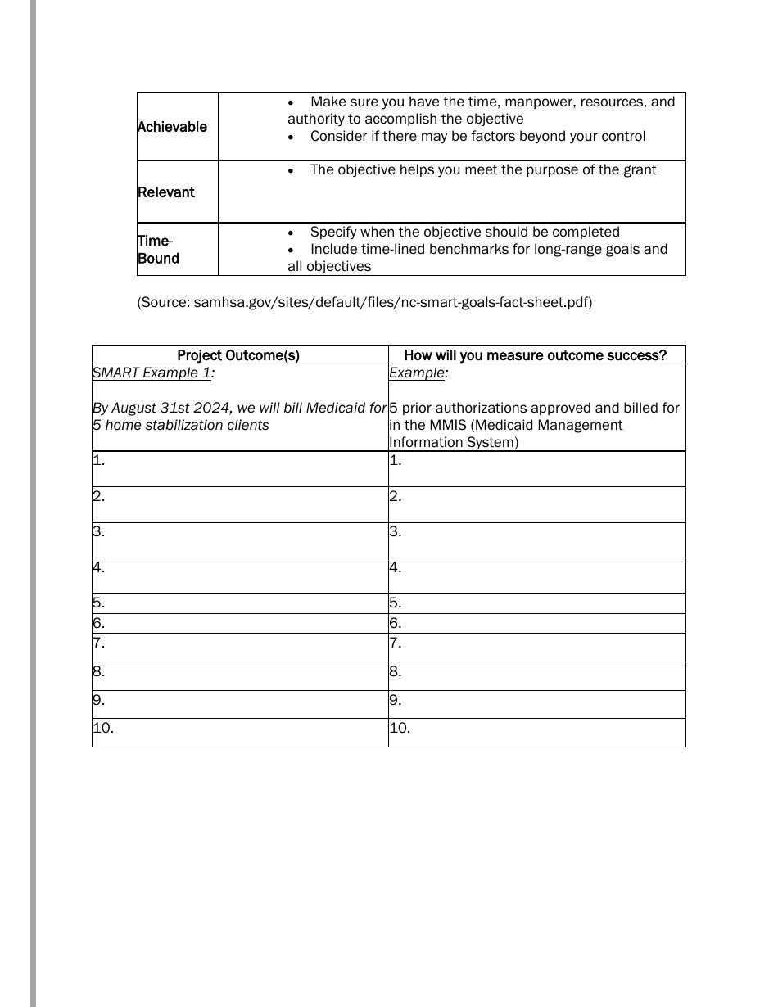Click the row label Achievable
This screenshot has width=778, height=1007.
point(172,127)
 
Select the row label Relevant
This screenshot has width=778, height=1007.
point(165,192)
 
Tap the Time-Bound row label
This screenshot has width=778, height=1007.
point(157,250)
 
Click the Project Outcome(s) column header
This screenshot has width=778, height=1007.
point(238,355)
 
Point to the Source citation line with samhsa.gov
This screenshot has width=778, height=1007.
point(364,302)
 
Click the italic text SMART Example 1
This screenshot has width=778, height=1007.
point(153,373)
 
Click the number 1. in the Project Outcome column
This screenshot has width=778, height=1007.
point(99,460)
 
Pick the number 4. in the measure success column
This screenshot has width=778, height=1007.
point(396,567)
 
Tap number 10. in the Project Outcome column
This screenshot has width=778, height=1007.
point(103,728)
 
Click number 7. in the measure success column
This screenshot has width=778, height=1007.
point(396,643)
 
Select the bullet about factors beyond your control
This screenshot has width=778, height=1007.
point(477,137)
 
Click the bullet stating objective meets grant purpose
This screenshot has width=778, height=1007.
point(482,170)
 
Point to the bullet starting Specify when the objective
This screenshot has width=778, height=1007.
point(464,233)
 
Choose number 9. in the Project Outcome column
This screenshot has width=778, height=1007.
point(99,700)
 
